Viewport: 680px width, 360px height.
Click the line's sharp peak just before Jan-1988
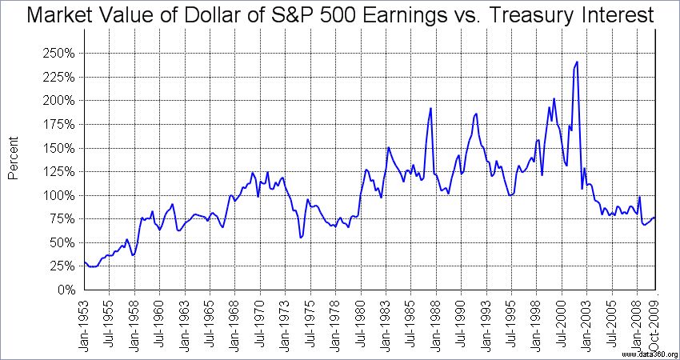430,108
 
